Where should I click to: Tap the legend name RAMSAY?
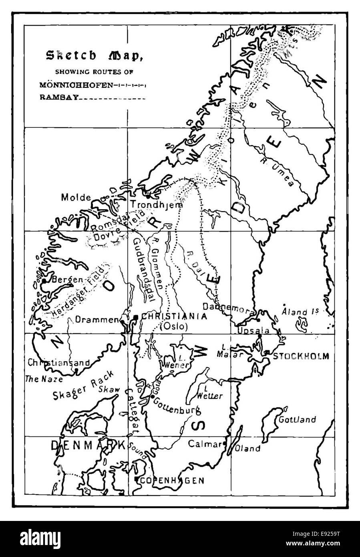[59, 97]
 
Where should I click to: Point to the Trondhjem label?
[156, 205]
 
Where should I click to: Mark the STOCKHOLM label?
[301, 356]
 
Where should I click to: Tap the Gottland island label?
[297, 420]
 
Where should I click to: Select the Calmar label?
[205, 444]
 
